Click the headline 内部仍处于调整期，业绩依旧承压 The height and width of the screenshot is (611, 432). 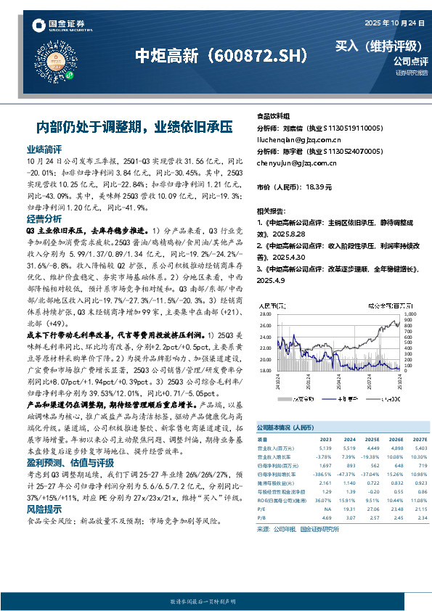point(134,126)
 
